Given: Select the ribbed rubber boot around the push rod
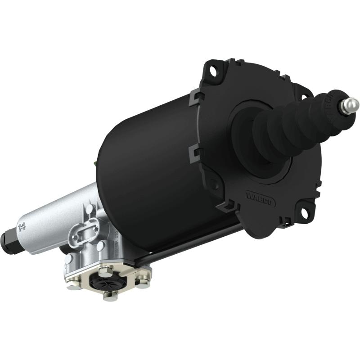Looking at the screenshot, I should point(288,130).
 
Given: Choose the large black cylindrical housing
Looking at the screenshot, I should point(148,171).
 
